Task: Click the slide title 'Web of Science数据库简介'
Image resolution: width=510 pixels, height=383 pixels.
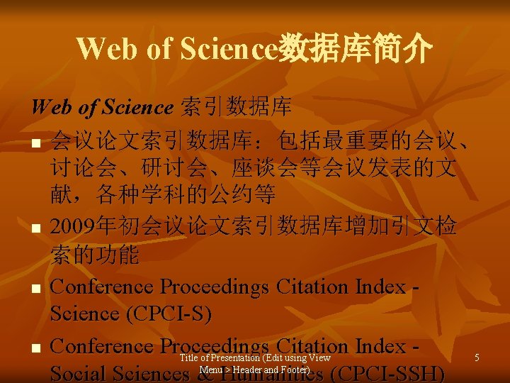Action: pos(254,48)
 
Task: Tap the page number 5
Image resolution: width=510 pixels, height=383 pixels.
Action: pos(477,358)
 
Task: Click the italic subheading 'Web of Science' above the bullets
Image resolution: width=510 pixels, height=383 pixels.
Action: pos(102,107)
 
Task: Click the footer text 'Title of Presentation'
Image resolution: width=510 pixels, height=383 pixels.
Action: pos(220,358)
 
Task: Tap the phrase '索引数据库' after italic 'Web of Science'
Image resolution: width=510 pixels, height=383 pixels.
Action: pos(236,107)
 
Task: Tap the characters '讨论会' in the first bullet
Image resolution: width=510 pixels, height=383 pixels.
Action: pos(94,168)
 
